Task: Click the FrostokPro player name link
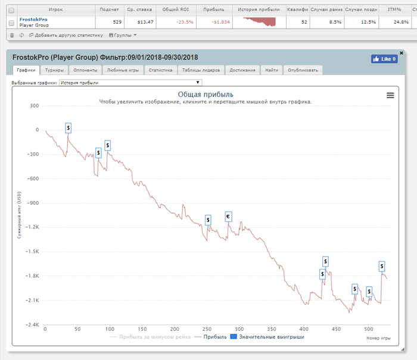[x=33, y=19]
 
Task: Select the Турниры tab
[x=54, y=70]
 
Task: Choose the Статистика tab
[x=160, y=70]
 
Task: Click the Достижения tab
[x=242, y=70]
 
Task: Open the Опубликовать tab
[x=303, y=70]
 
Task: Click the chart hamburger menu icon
[x=390, y=95]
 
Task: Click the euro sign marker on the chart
[x=228, y=216]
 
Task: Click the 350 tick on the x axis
[x=271, y=329]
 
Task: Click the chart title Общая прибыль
[x=206, y=95]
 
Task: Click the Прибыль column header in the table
[x=213, y=10]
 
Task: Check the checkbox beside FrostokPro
[x=11, y=22]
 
